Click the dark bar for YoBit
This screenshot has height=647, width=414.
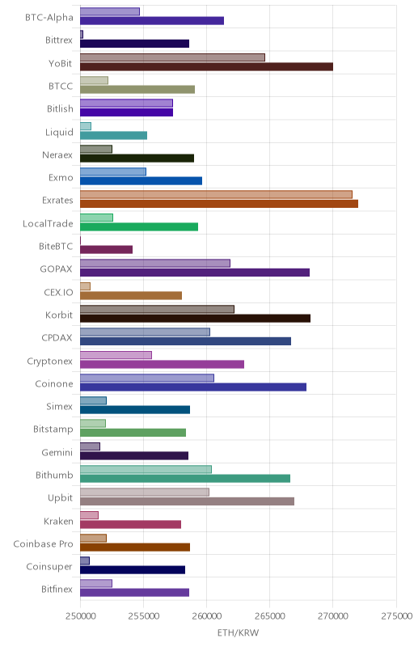pyautogui.click(x=206, y=67)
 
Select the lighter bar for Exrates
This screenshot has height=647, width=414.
pyautogui.click(x=216, y=194)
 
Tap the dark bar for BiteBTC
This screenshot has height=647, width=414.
pyautogui.click(x=106, y=249)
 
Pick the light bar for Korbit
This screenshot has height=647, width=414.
pyautogui.click(x=157, y=309)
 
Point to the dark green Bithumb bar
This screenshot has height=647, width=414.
pyautogui.click(x=184, y=478)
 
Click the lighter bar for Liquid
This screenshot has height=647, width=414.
pyautogui.click(x=86, y=126)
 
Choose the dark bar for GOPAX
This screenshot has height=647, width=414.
pyautogui.click(x=195, y=273)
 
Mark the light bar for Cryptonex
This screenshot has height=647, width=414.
pyautogui.click(x=116, y=355)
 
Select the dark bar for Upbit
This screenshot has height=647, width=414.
pyautogui.click(x=187, y=501)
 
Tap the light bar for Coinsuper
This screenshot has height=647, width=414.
pyautogui.click(x=85, y=560)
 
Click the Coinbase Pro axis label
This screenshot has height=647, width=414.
pyautogui.click(x=43, y=543)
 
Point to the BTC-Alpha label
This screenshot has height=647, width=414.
pyautogui.click(x=49, y=17)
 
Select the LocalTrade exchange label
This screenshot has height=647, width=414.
pyautogui.click(x=48, y=223)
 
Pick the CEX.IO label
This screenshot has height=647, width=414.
pyautogui.click(x=58, y=292)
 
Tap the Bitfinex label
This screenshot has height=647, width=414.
pyautogui.click(x=57, y=590)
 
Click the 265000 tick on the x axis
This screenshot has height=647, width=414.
pyautogui.click(x=270, y=616)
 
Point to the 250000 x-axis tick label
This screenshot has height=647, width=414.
pyautogui.click(x=80, y=616)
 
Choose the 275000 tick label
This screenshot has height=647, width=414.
pyautogui.click(x=396, y=616)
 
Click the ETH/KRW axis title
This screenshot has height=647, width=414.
pyautogui.click(x=238, y=632)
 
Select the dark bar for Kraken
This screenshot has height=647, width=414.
pyautogui.click(x=130, y=524)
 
